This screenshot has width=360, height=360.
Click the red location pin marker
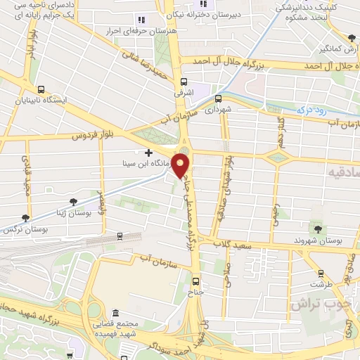tap(181, 166)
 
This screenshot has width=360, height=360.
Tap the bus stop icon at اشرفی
tap(184, 81)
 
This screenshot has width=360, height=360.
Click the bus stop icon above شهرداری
tap(217, 98)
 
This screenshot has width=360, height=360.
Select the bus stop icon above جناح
tap(195, 277)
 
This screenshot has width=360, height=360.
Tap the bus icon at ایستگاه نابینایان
tap(41, 90)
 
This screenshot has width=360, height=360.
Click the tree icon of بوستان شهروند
tap(315, 228)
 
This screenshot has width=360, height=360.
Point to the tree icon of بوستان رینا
tap(73, 202)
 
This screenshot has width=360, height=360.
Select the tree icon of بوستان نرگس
tap(26, 218)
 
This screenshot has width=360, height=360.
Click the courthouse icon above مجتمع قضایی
tap(115, 314)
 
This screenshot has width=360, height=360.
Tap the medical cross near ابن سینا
tap(148, 152)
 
